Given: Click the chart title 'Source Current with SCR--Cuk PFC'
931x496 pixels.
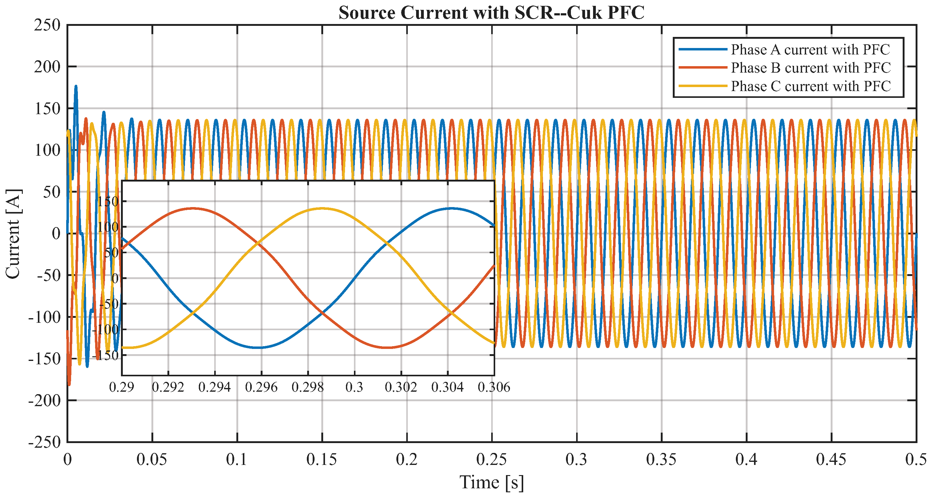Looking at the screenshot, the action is tap(492, 13).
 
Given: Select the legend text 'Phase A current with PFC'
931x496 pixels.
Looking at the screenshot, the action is tap(811, 50).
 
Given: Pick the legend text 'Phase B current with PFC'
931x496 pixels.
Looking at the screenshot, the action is tap(811, 68).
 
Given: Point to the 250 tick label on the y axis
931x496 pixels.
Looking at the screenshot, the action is tap(47, 25).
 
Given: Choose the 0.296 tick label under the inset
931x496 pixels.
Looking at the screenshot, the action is tap(261, 387).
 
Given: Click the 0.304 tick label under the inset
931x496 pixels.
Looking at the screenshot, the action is tap(447, 387).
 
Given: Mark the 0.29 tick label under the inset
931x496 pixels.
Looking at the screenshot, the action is tap(122, 387).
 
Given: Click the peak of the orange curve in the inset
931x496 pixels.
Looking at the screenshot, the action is tap(193, 208).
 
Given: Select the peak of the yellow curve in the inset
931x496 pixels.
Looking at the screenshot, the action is tap(322, 208).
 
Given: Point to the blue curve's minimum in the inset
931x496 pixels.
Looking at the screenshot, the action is tap(259, 347).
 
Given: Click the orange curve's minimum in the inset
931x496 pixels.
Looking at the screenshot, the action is tap(387, 347).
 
